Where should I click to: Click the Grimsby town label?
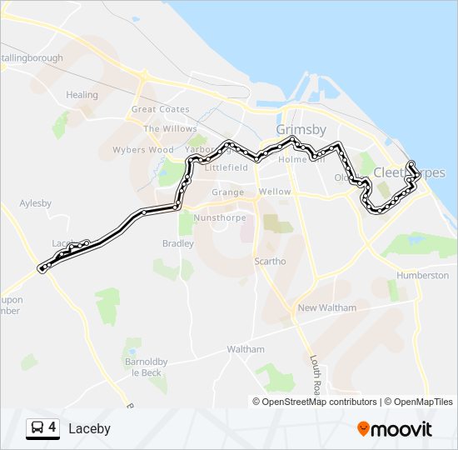[x=301, y=130]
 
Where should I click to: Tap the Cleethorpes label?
[x=409, y=172]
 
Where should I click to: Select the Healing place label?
[x=82, y=95]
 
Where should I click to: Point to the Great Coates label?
[x=161, y=109]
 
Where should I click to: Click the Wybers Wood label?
[x=142, y=151]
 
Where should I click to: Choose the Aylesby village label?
[x=36, y=203]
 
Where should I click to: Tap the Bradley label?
[x=178, y=243]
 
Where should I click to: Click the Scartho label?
[x=270, y=261]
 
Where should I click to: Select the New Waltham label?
[x=326, y=307]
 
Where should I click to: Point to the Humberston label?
[x=422, y=275]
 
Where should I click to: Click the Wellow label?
[x=275, y=192]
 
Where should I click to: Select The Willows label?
[x=170, y=129]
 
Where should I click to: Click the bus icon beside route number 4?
[x=37, y=428]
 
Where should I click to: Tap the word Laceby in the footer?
[x=89, y=428]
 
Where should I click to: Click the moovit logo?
[x=395, y=428]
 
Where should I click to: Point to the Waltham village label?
[x=246, y=349]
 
